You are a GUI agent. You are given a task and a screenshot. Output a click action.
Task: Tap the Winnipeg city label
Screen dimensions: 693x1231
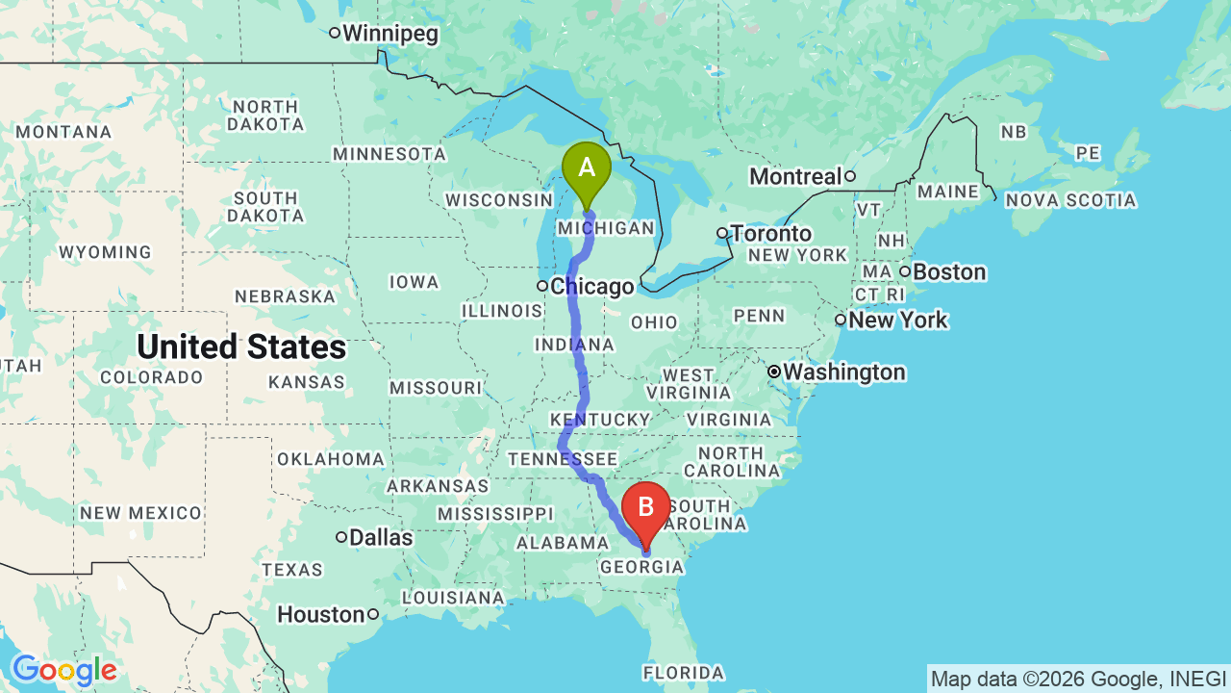click(389, 34)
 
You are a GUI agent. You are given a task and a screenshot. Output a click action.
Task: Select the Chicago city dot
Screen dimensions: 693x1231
click(542, 286)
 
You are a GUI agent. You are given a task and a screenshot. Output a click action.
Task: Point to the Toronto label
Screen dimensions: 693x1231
click(770, 233)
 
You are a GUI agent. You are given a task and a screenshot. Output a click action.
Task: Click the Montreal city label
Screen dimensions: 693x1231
click(794, 177)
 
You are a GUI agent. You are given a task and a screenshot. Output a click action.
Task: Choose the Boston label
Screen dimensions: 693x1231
click(948, 272)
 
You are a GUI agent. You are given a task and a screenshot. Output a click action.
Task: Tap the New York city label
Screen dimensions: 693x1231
click(898, 320)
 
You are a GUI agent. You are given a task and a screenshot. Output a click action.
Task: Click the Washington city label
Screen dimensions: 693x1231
click(843, 372)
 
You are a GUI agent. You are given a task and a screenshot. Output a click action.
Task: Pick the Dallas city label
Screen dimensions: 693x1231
click(381, 537)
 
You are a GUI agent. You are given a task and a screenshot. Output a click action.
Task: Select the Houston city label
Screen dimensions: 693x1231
click(321, 614)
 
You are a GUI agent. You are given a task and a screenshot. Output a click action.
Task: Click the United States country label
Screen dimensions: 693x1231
click(241, 346)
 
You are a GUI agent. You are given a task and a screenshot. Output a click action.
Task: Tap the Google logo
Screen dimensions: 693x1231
click(63, 670)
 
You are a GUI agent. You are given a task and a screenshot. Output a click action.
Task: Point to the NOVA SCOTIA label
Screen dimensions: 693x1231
click(1070, 200)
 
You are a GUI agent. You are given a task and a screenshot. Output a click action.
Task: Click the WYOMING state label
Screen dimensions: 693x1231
click(105, 252)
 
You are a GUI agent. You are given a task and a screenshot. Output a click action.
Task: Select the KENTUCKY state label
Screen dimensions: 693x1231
click(600, 420)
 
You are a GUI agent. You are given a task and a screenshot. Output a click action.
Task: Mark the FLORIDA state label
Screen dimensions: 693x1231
click(684, 672)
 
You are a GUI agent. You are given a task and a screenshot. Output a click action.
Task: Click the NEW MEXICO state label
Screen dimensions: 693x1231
click(140, 513)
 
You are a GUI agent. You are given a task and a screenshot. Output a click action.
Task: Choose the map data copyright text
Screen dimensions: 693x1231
click(1078, 679)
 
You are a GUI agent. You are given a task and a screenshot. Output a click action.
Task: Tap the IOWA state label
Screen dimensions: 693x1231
click(414, 282)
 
